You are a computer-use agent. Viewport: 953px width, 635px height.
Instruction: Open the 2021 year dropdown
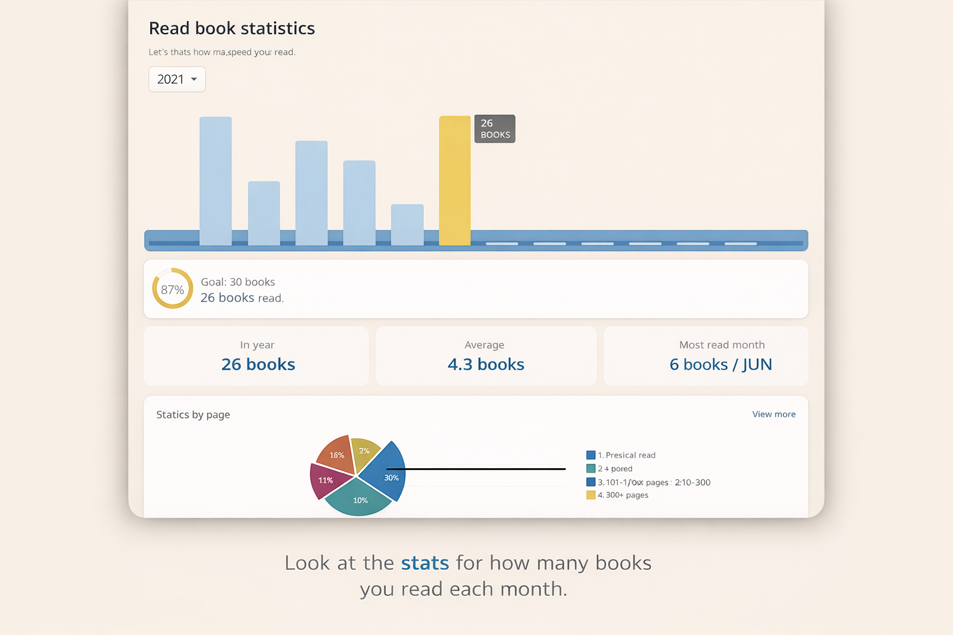point(177,79)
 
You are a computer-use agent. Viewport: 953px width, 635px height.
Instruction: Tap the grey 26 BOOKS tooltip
point(494,129)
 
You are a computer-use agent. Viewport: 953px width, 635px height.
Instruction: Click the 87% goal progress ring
point(172,289)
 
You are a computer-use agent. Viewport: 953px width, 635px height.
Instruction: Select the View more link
point(774,414)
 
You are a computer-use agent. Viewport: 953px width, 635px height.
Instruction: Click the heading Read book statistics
point(232,29)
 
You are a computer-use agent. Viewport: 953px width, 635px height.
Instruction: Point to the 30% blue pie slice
point(385,473)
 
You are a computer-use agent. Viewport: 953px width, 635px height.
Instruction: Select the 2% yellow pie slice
point(364,450)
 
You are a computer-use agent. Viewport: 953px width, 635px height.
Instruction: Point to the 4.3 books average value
point(486,365)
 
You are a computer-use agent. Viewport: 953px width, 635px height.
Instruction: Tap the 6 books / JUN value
point(720,365)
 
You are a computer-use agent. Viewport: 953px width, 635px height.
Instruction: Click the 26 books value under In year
point(258,365)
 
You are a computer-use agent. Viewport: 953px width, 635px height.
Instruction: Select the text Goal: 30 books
point(238,282)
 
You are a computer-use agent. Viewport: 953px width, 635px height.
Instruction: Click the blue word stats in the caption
point(424,563)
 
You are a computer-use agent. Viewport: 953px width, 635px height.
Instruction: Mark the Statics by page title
point(193,415)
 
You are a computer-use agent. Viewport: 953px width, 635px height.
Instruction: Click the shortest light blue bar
point(407,224)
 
